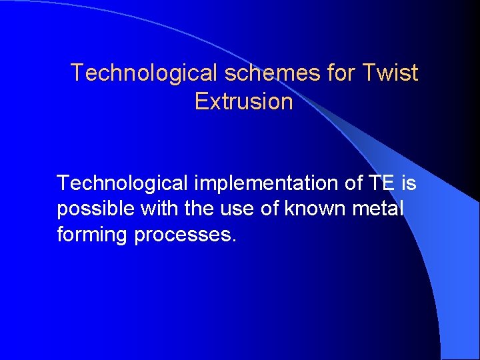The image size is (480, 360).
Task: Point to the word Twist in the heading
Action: [391, 73]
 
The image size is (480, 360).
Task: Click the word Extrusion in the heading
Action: [243, 102]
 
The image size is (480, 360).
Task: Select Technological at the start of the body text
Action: [110, 182]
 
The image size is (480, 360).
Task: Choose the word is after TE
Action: [407, 182]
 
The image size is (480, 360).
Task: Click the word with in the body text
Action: [161, 209]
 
